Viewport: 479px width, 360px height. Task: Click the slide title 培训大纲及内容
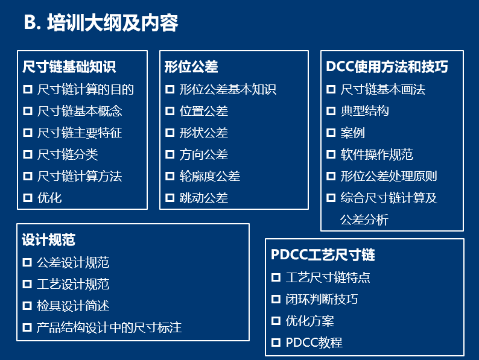coord(112,22)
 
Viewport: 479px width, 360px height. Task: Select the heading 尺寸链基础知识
coord(69,66)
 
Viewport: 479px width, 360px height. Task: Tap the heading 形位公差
coord(191,66)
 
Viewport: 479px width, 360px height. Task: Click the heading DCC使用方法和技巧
coord(387,66)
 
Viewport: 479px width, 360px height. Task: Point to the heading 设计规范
coord(48,239)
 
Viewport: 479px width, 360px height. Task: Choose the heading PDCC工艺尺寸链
coord(323,254)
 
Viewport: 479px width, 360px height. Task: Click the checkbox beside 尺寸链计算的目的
coord(28,89)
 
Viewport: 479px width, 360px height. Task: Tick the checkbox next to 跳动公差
coord(170,198)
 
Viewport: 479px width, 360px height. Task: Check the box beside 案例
coord(331,133)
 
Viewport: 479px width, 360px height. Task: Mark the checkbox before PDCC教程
coord(276,343)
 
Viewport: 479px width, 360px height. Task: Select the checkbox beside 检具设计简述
coord(27,306)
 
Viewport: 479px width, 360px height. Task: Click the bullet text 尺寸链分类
coord(68,154)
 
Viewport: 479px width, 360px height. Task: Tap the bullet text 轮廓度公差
coord(209,176)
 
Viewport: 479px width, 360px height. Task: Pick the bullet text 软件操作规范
coord(376,154)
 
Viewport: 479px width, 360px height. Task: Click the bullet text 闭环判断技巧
coord(322,299)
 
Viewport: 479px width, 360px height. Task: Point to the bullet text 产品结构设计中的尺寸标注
coord(109,327)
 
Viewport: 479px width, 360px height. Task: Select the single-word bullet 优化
coord(49,198)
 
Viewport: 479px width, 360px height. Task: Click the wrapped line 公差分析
coord(364,220)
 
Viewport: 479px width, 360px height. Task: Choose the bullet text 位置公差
coord(204,111)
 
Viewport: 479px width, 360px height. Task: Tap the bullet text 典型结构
coord(365,111)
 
